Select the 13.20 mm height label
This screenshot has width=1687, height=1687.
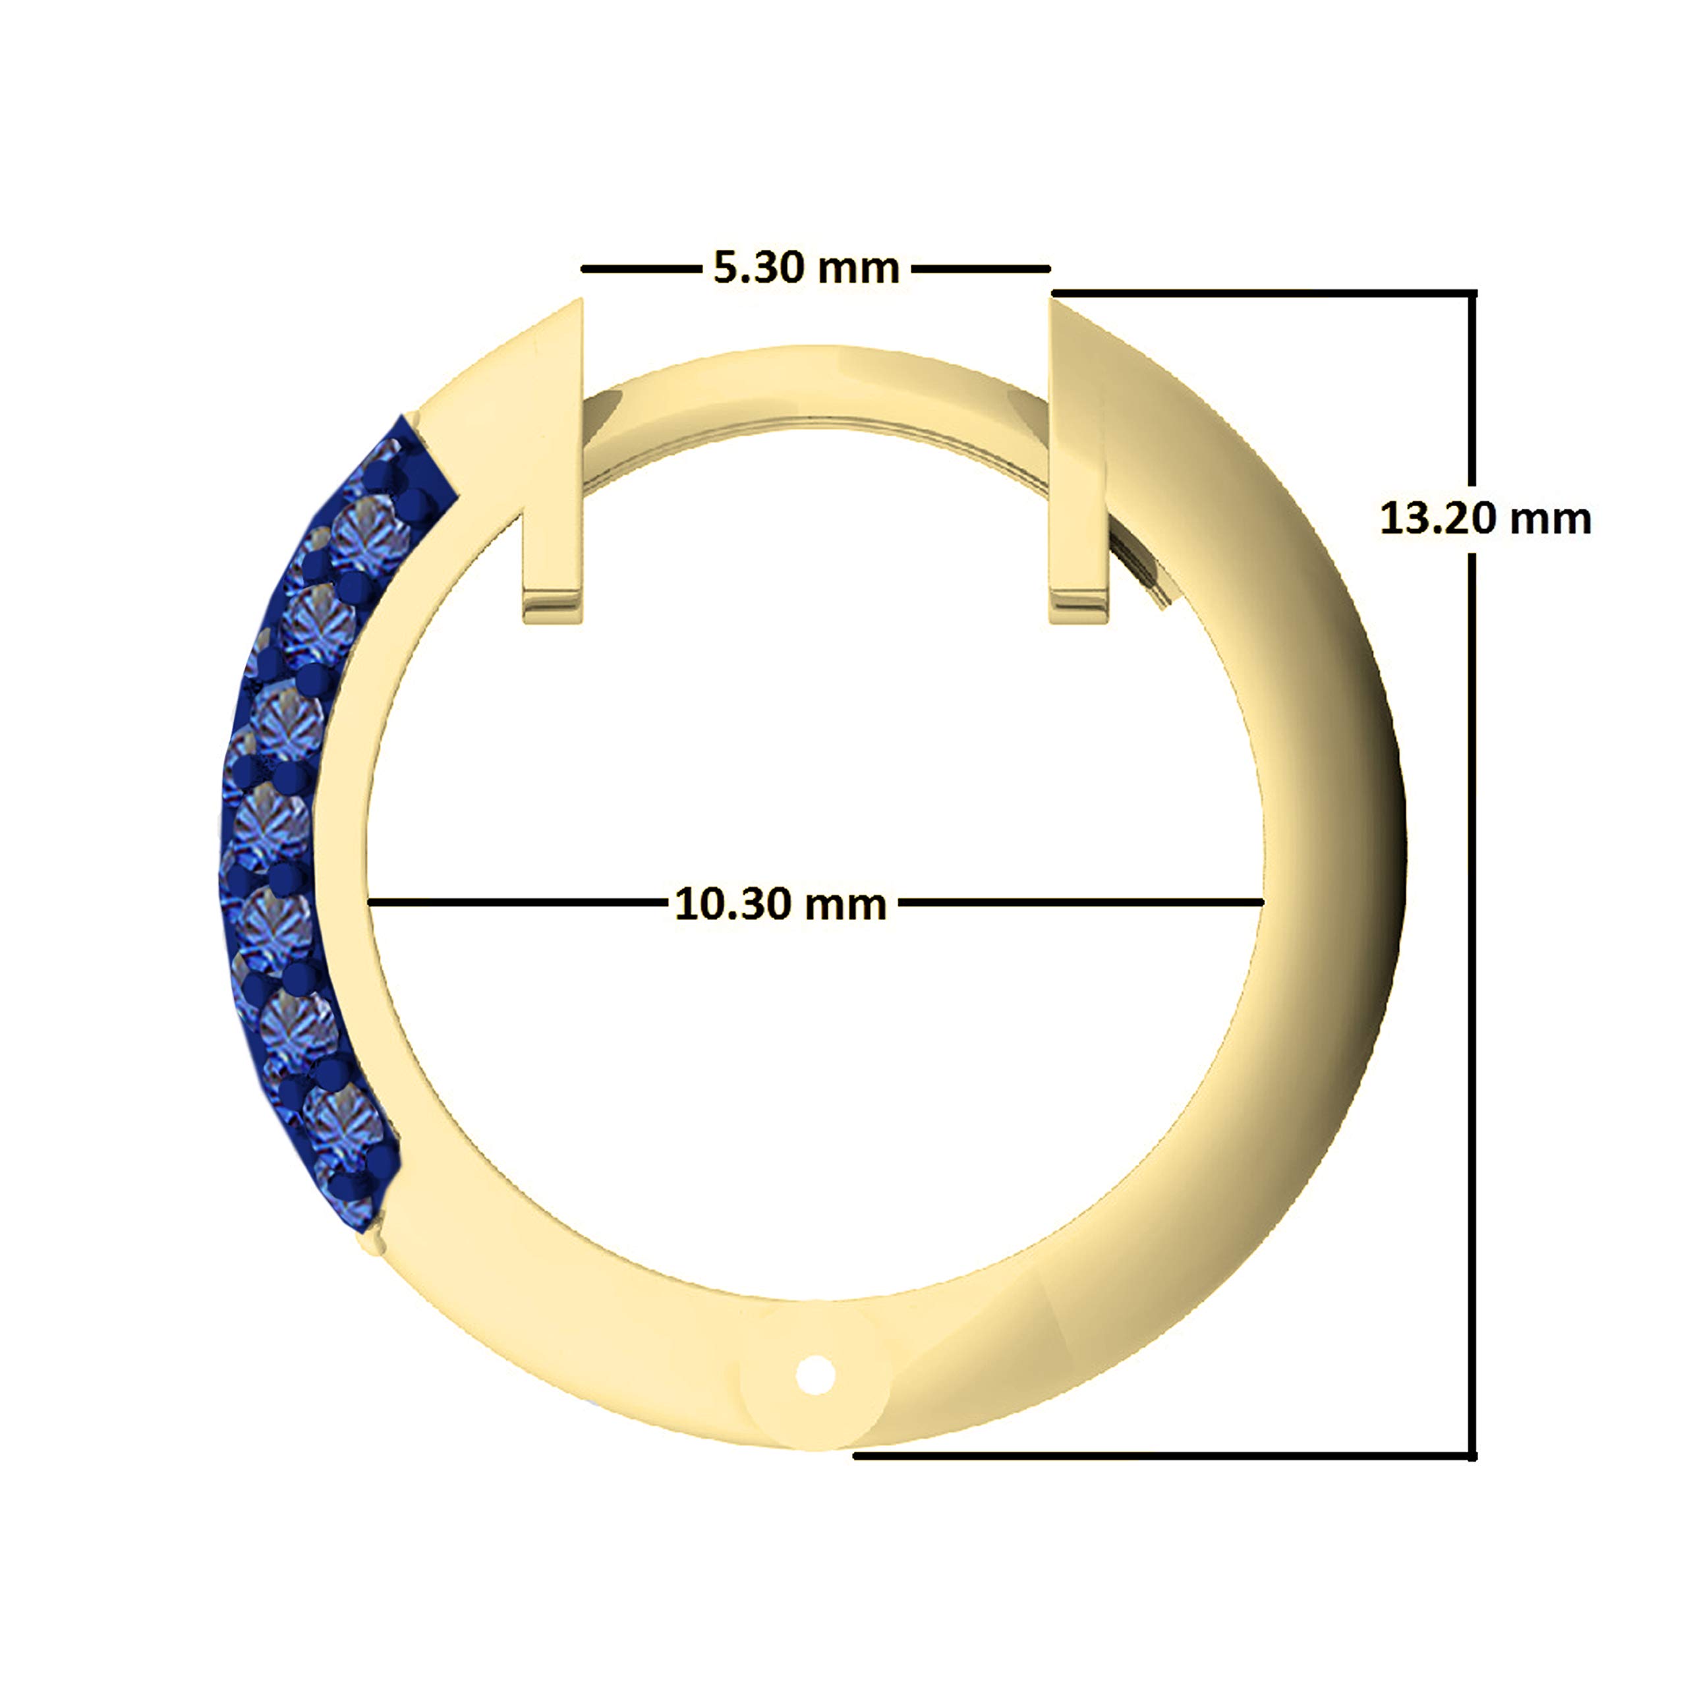click(x=1485, y=519)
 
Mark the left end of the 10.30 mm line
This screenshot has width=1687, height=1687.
click(x=372, y=901)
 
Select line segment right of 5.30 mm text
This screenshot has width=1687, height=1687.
click(x=981, y=269)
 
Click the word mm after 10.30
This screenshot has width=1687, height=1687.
click(x=844, y=905)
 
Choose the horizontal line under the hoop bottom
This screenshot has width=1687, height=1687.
click(x=1161, y=1456)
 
